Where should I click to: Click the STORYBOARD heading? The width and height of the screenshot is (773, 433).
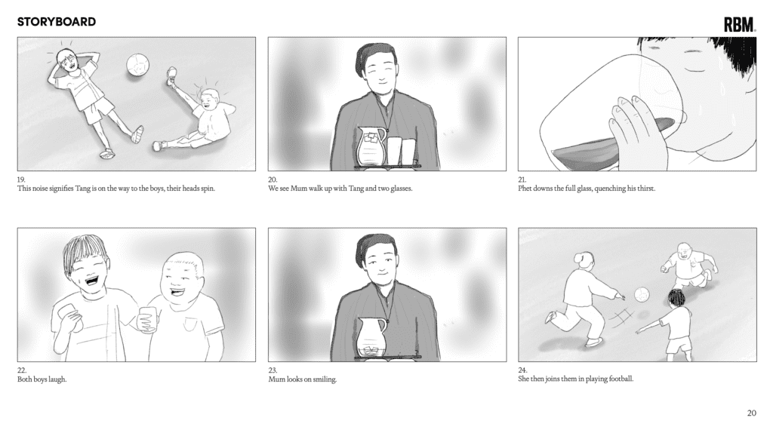point(57,22)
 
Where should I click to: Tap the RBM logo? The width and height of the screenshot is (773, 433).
point(740,24)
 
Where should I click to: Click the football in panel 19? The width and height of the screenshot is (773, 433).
point(137,65)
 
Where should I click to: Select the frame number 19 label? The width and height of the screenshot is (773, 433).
point(21,180)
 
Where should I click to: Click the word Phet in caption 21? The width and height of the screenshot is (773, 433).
point(525,188)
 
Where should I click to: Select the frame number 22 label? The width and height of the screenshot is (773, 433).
point(22,370)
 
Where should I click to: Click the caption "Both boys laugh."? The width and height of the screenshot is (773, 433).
point(42,379)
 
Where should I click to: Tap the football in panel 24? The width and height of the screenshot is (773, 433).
point(642,295)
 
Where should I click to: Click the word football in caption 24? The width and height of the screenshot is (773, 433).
point(621,379)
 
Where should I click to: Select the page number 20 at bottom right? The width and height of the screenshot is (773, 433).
point(751,413)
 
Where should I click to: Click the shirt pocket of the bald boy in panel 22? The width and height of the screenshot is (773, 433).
point(189,324)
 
